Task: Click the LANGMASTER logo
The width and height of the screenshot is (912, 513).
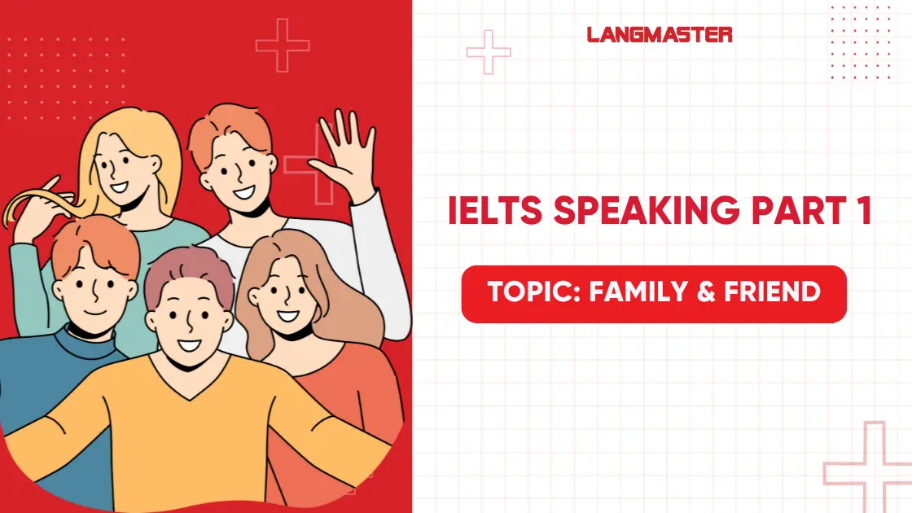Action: pos(659,34)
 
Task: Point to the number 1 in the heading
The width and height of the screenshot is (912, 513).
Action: pos(864,212)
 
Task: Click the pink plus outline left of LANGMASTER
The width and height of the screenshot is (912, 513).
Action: pos(489,52)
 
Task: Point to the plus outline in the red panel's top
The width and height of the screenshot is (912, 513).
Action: pos(283,44)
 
